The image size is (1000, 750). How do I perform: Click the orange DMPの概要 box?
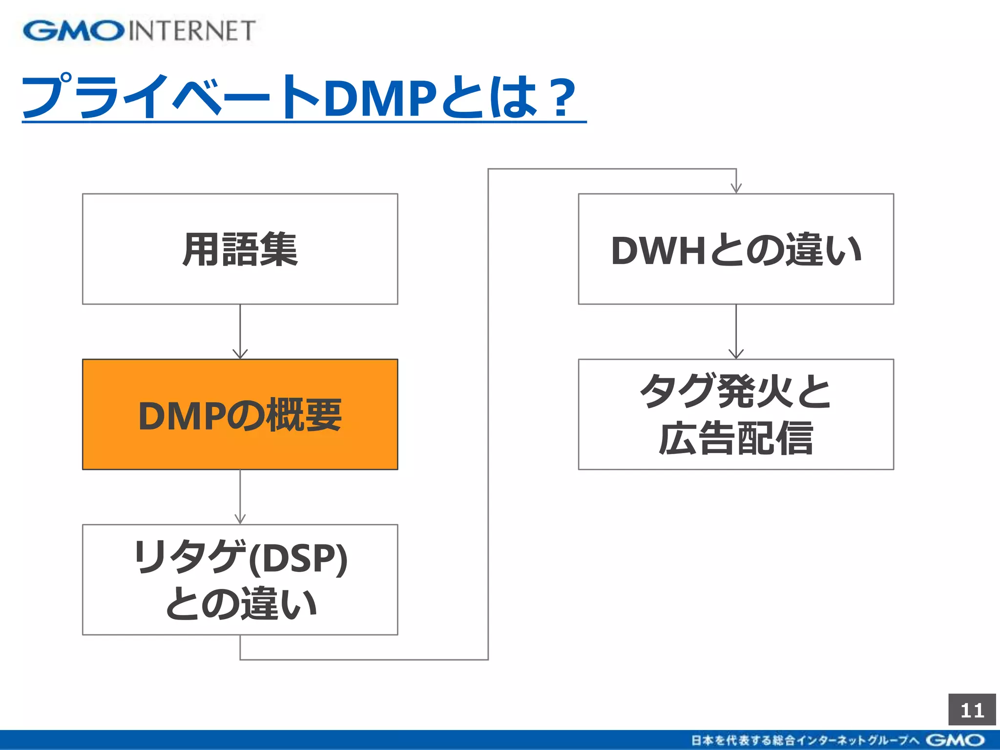[240, 414]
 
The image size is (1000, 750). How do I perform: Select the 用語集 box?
[240, 249]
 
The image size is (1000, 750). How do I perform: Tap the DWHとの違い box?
[736, 249]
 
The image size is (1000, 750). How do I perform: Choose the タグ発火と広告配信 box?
[736, 414]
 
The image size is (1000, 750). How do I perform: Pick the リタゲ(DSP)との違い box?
[240, 580]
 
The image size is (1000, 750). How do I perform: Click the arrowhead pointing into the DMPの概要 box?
[240, 354]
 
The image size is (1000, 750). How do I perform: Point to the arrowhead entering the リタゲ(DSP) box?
[240, 519]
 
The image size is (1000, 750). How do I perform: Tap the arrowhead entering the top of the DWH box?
[736, 188]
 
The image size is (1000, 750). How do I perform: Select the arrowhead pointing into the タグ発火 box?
[736, 354]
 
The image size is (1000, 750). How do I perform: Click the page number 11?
[972, 710]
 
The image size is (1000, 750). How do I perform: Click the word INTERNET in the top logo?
[192, 31]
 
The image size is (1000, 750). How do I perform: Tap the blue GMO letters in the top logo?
[73, 31]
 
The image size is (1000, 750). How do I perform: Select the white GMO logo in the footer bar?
[955, 740]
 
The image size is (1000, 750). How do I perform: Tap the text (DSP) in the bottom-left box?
[298, 558]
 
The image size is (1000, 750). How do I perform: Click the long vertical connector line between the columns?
[488, 415]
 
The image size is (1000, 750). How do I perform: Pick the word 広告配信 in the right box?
[736, 438]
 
